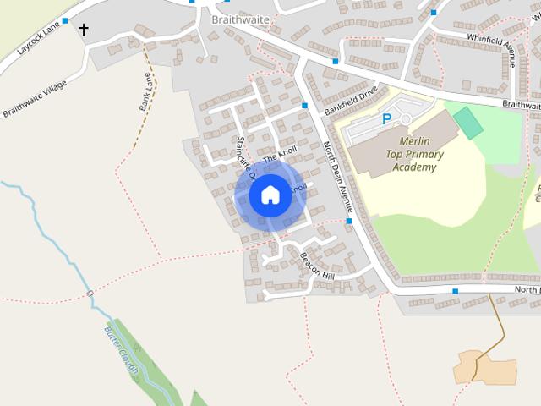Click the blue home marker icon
click(x=270, y=195)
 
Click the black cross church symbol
click(x=84, y=30)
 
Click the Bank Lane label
click(x=145, y=92)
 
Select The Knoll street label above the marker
click(x=281, y=153)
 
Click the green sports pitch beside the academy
click(x=467, y=123)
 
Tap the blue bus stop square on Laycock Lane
click(x=65, y=20)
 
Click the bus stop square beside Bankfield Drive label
click(x=304, y=106)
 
